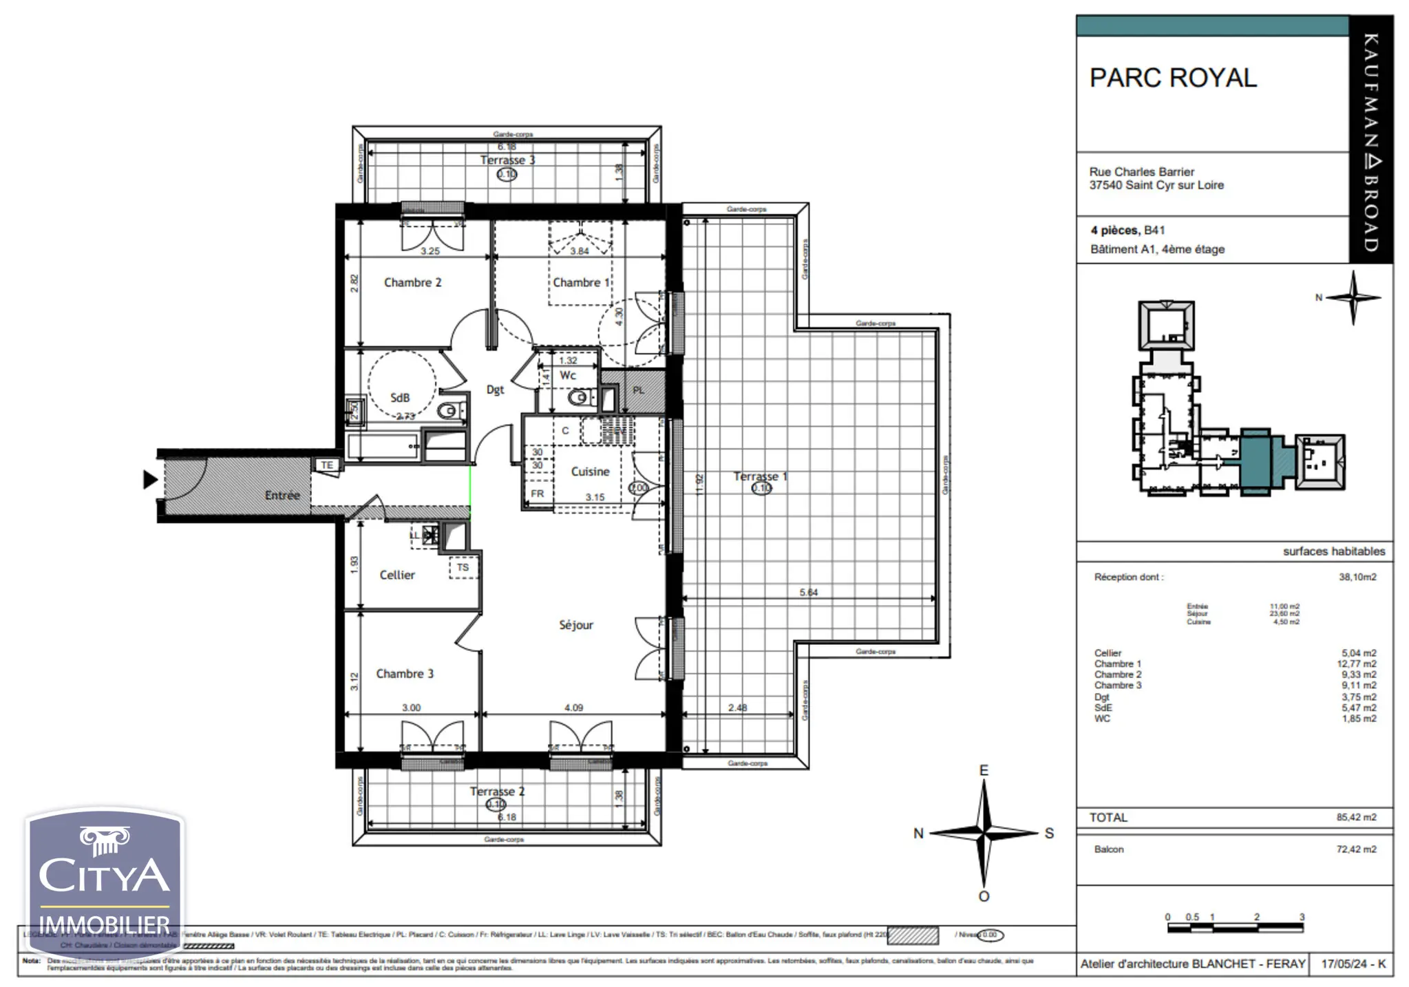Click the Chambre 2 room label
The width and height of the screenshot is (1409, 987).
[412, 282]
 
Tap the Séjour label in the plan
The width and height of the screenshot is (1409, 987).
[575, 625]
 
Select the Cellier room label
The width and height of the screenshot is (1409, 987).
[397, 575]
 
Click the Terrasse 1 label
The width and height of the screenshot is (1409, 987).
[760, 476]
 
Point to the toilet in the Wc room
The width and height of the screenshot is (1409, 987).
[580, 398]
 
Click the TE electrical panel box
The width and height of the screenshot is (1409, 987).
[327, 465]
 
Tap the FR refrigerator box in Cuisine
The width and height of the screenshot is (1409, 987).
[538, 493]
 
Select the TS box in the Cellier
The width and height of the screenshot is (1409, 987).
[463, 567]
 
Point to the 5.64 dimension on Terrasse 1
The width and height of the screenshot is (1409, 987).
[808, 592]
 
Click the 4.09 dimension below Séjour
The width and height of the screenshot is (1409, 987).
[573, 708]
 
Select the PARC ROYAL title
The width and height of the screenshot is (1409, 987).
[1173, 78]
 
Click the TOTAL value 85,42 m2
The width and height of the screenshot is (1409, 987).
[1356, 818]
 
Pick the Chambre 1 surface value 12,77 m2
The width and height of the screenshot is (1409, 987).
[1356, 664]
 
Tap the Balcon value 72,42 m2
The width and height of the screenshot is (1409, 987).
[1356, 849]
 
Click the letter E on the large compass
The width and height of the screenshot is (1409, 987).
[984, 770]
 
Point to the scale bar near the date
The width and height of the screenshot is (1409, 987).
[1235, 928]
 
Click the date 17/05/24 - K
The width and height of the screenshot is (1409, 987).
[1353, 964]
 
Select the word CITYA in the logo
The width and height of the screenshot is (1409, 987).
[104, 875]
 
